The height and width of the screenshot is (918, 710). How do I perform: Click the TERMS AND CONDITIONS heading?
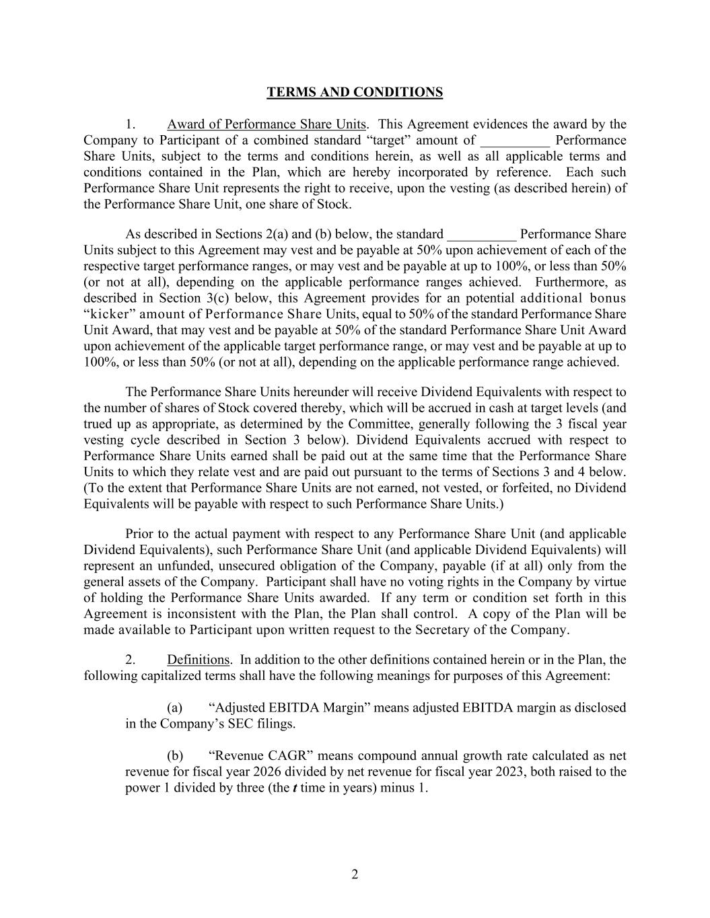[355, 92]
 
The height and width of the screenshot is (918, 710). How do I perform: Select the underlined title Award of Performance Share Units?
[267, 124]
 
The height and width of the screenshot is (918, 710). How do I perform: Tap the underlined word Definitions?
[199, 660]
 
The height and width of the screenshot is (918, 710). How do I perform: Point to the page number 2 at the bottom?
[355, 874]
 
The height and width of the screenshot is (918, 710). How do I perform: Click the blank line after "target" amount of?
[515, 141]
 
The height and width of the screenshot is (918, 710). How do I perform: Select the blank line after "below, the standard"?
[482, 234]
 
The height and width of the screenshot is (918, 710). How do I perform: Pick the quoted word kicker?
[109, 314]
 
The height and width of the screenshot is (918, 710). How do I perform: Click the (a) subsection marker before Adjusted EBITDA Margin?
[174, 707]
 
